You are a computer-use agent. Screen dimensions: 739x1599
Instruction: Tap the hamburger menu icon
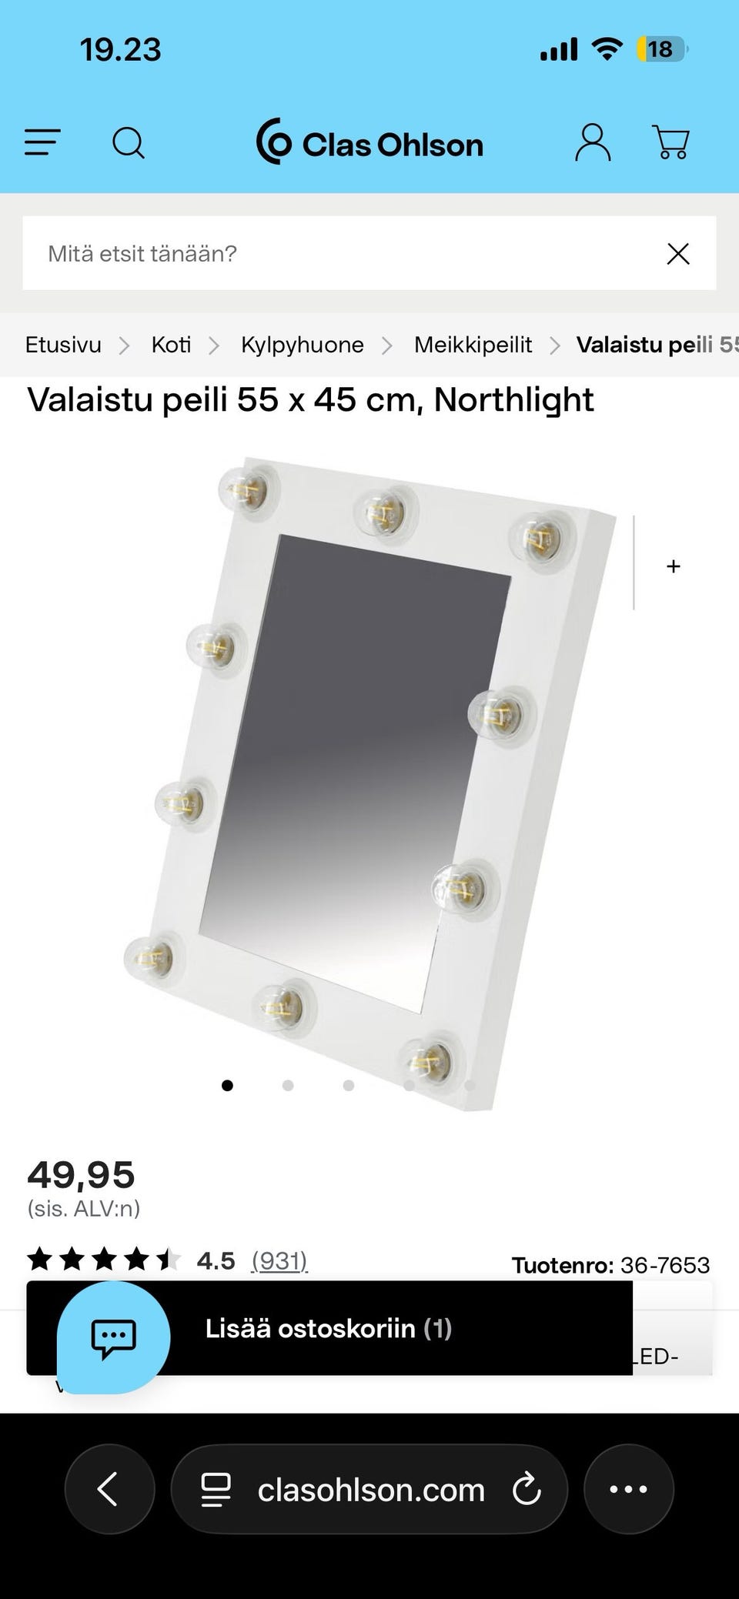pos(42,142)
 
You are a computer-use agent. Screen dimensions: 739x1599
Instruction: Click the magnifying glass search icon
pos(129,143)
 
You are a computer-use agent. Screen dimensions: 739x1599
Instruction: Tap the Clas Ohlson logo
pos(369,142)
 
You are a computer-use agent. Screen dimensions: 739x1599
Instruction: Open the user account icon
pos(593,142)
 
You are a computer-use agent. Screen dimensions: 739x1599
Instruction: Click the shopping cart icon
pos(670,142)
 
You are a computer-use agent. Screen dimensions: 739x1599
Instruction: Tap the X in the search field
pos(678,254)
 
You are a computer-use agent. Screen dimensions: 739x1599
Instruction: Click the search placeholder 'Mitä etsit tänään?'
pos(142,254)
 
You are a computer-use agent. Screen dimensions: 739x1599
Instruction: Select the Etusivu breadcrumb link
pos(63,345)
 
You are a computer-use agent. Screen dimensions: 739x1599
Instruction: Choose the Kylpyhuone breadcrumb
pos(303,345)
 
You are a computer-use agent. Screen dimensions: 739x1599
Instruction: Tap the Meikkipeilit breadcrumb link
pos(473,345)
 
